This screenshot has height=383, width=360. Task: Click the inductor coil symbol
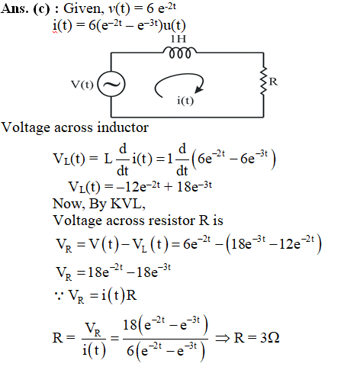tap(180, 53)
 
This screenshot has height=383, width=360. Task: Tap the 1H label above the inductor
tap(178, 39)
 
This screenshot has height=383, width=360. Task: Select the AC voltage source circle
tap(111, 84)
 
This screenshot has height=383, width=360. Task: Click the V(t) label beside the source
tap(82, 85)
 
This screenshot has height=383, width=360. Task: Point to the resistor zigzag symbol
tap(264, 81)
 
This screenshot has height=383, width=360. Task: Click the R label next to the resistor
tap(273, 82)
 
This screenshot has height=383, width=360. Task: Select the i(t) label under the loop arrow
tap(185, 101)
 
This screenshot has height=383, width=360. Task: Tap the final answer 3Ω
tap(270, 338)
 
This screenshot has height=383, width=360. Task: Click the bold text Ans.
tap(14, 8)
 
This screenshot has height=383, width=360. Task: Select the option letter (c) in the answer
tap(41, 9)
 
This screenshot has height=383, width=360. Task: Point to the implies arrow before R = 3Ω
tap(223, 339)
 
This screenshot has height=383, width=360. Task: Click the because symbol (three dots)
tap(59, 296)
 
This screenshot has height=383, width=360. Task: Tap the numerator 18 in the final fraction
tap(130, 325)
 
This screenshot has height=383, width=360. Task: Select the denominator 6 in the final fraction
tap(130, 351)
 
